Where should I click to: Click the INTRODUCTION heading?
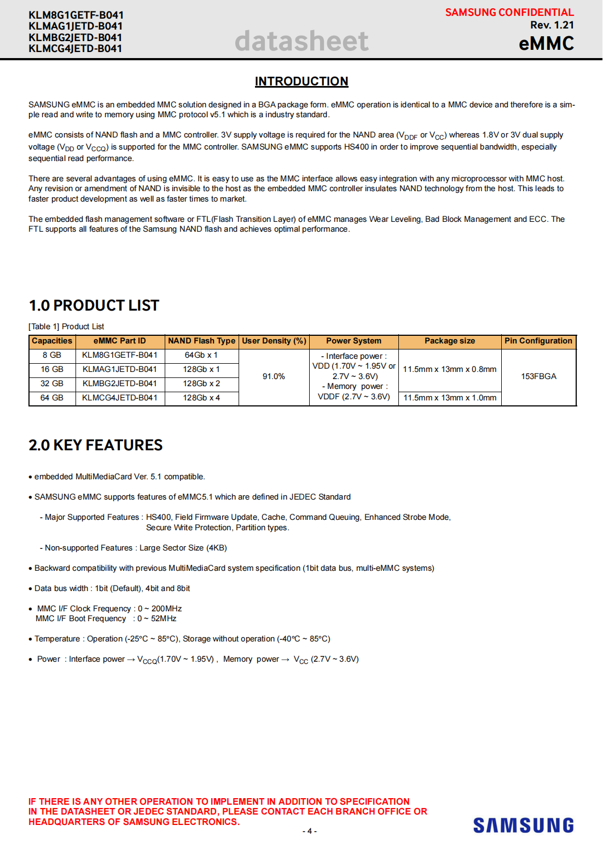coord(301,82)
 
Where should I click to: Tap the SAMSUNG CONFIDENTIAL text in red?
coord(509,13)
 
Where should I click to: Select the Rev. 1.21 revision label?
coord(552,25)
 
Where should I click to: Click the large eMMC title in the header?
coord(546,44)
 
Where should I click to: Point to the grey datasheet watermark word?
coord(301,41)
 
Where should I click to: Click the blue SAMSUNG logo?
coord(523,826)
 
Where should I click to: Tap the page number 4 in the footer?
coord(309,831)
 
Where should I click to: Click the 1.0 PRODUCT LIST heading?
coord(94,306)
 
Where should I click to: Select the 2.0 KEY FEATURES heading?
coord(95,445)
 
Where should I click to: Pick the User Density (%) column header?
coord(274,341)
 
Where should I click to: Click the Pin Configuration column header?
coord(538,341)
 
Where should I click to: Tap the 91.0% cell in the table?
coord(274,376)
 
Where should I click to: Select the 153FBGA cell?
coord(538,376)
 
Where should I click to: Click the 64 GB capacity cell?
coord(52,398)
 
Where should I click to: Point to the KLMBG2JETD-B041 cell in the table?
coord(120,383)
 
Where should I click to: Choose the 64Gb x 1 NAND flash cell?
coord(201,355)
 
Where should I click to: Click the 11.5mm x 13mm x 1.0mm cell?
coord(450,398)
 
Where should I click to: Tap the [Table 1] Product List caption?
coord(66,326)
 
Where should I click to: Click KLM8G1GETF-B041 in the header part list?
coord(76,15)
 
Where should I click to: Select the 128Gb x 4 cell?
coord(201,398)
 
